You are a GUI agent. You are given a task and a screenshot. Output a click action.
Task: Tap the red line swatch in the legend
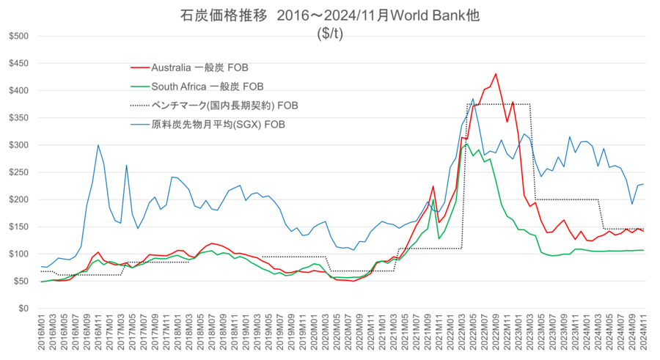coord(139,68)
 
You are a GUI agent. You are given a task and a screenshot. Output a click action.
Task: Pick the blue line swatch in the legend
coord(139,124)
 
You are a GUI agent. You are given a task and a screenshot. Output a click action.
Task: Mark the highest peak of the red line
coord(496,73)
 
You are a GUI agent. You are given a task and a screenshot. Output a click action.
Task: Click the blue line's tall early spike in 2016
coord(98,145)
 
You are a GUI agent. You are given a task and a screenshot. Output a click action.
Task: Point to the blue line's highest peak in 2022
coord(473,99)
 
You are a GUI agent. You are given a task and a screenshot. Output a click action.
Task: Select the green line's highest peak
coord(467,144)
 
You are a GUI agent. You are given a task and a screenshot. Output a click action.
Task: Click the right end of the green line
coord(645,250)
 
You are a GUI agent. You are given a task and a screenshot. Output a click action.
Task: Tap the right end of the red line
coord(645,232)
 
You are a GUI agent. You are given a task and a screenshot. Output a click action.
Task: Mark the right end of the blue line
coord(645,184)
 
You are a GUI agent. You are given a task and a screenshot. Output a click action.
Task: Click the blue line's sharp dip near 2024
coord(632,204)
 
